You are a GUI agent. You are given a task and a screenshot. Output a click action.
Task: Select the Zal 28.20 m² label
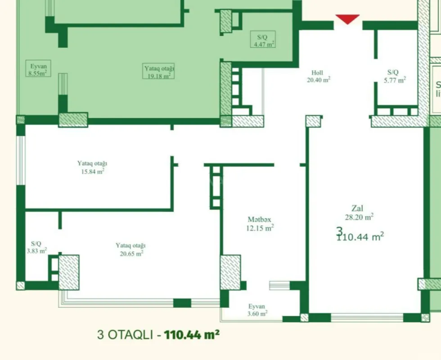pyautogui.click(x=357, y=212)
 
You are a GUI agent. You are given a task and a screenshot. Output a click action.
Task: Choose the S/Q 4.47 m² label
pyautogui.click(x=264, y=40)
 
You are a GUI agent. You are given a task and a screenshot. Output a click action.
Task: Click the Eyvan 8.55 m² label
pyautogui.click(x=38, y=70)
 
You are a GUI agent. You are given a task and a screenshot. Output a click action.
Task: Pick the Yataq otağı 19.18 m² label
pyautogui.click(x=159, y=72)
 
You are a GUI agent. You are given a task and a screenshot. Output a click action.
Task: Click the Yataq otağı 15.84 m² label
pyautogui.click(x=92, y=167)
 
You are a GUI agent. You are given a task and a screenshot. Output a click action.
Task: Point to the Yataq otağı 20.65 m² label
pyautogui.click(x=130, y=249)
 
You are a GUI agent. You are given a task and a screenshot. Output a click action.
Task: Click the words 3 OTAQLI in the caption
pyautogui.click(x=126, y=335)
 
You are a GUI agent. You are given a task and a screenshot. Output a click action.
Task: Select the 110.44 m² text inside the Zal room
pyautogui.click(x=360, y=237)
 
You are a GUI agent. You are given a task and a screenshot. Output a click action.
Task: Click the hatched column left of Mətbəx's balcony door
pyautogui.click(x=230, y=272)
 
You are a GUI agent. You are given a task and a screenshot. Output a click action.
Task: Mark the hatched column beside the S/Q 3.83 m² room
pyautogui.click(x=69, y=272)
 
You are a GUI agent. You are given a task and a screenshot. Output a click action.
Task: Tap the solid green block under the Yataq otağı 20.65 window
pyautogui.click(x=182, y=303)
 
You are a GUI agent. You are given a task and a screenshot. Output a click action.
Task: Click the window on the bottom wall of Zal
pyautogui.click(x=367, y=317)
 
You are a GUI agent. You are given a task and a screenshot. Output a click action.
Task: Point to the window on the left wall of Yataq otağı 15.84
pyautogui.click(x=20, y=160)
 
